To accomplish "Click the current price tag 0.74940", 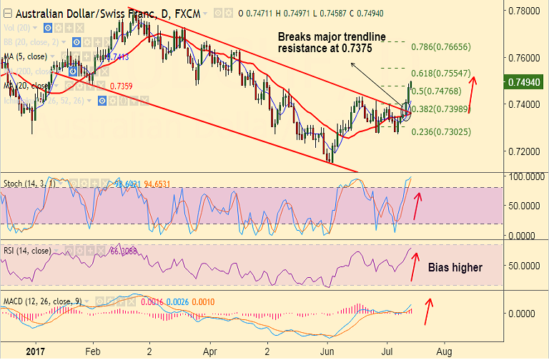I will coord(525,81).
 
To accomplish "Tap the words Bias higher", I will coord(455,268).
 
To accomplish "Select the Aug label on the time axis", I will coord(443,352).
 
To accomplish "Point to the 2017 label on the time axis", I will coord(29,352).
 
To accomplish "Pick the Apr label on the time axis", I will coord(209,352).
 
